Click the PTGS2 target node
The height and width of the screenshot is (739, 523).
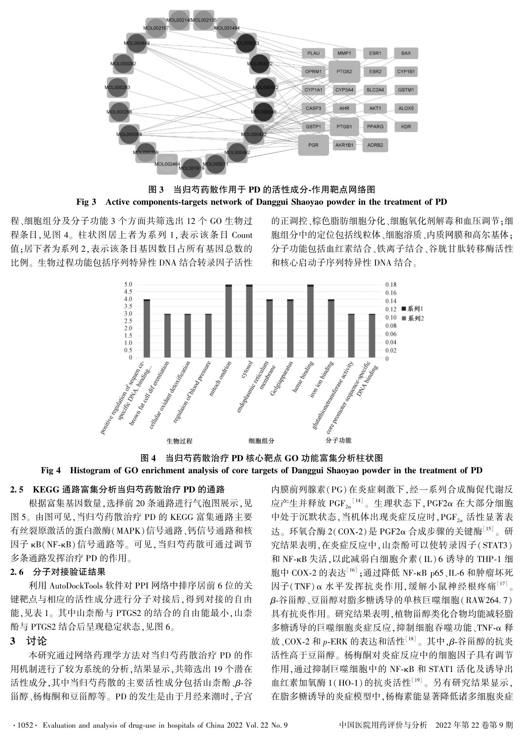344,71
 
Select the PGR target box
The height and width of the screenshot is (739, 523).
313,145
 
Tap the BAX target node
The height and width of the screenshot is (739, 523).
406,53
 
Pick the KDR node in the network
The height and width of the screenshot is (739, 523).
406,126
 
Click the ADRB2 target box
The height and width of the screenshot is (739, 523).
375,145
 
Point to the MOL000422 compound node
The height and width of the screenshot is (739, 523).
254,134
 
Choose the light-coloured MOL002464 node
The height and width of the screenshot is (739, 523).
167,164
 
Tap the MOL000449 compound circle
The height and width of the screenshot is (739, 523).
137,43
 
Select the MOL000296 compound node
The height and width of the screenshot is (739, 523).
119,112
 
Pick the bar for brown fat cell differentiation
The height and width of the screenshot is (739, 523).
167,336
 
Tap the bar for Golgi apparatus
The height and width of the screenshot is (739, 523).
290,328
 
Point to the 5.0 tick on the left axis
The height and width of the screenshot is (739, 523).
128,284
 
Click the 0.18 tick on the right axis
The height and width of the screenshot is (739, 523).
391,285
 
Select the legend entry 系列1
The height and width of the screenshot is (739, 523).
415,309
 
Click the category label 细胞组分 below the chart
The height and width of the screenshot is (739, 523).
261,441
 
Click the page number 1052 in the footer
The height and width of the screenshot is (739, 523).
24,725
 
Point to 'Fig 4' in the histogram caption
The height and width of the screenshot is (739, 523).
51,470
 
